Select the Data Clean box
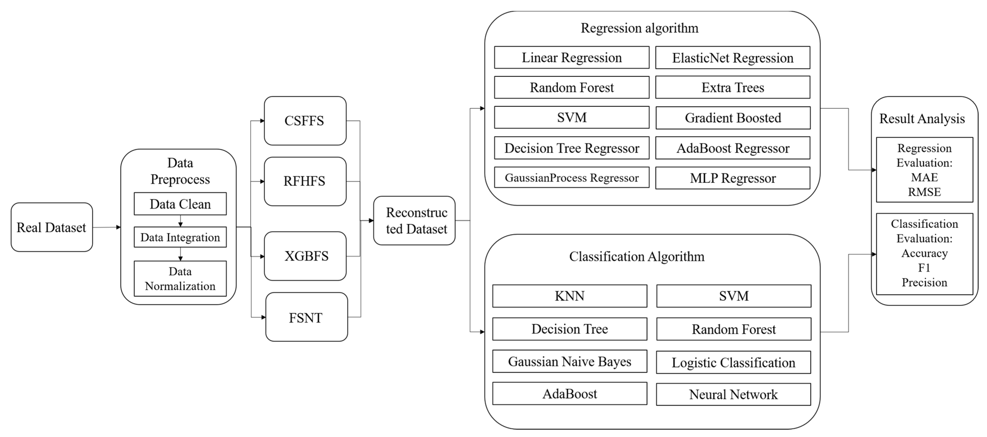(x=180, y=204)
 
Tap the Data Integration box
(x=180, y=237)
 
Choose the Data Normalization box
(x=180, y=279)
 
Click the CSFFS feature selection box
(x=305, y=121)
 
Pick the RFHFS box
(x=305, y=181)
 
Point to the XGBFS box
(x=305, y=256)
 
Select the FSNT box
(x=306, y=317)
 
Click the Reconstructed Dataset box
(x=414, y=221)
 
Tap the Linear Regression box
(x=572, y=57)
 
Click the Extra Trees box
(x=733, y=87)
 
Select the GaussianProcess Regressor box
(x=572, y=178)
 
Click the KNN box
(x=570, y=296)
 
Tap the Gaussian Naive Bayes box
(x=570, y=361)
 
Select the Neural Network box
(x=733, y=394)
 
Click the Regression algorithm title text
(x=640, y=28)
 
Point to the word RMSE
(x=924, y=192)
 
